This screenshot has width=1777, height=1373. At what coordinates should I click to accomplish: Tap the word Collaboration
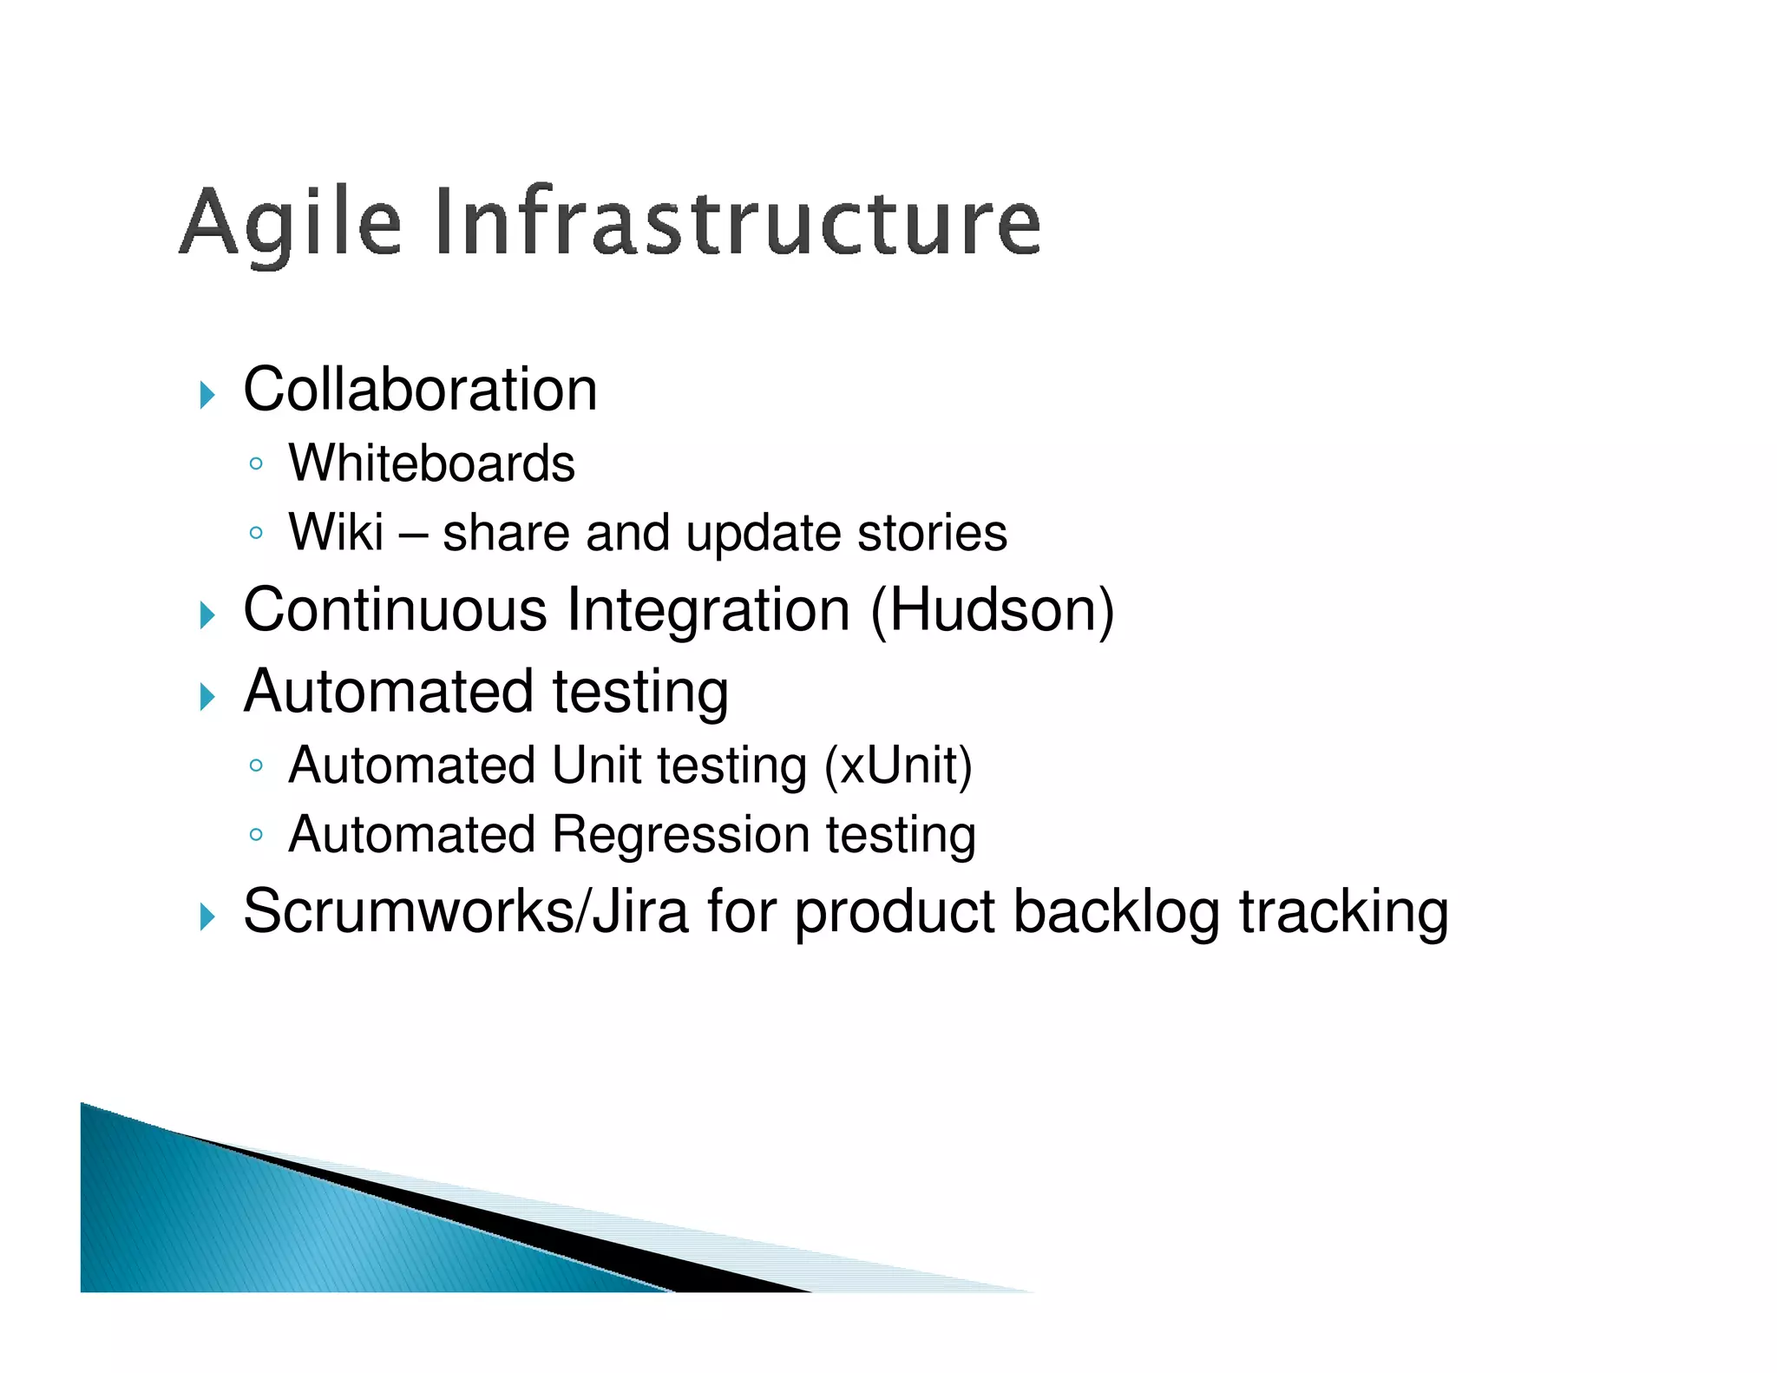pos(420,390)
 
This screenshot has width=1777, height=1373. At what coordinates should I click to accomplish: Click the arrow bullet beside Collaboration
pos(207,396)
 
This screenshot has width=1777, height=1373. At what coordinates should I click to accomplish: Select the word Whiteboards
pos(431,463)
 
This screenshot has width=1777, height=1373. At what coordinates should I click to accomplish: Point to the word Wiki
pos(336,532)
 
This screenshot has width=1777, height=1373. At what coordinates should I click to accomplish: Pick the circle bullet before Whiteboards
pos(255,464)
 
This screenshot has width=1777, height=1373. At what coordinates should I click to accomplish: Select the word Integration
pos(708,610)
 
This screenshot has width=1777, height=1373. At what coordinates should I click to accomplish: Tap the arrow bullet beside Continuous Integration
pos(207,616)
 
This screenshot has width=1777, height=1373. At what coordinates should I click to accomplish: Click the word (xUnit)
pos(898,766)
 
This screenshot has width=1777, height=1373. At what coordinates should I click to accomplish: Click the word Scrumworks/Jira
pos(465,912)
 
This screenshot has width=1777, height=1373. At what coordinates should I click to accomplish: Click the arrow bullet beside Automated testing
pos(207,697)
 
